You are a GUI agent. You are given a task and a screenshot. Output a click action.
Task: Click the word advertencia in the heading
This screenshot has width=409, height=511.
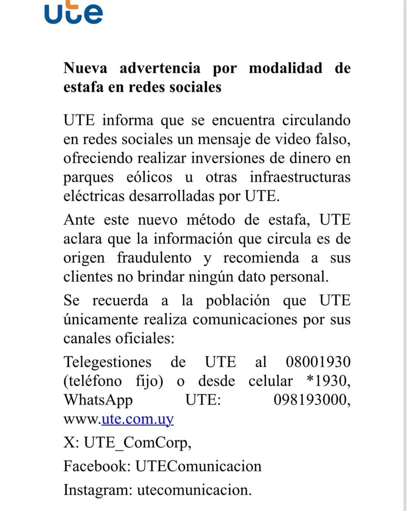(x=160, y=68)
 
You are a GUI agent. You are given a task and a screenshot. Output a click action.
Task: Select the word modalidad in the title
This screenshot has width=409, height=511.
(x=286, y=68)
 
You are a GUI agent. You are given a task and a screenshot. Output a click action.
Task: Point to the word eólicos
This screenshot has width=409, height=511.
(x=149, y=177)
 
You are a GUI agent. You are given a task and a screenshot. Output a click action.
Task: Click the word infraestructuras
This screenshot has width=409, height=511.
(x=300, y=177)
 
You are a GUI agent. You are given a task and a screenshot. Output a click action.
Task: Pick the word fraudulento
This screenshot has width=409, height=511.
(x=154, y=258)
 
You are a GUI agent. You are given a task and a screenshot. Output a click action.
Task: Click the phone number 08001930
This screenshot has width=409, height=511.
(x=318, y=362)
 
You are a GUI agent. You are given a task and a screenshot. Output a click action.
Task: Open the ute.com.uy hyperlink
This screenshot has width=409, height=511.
(x=137, y=419)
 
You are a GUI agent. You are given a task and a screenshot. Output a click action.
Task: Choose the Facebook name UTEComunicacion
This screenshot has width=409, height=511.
(x=198, y=466)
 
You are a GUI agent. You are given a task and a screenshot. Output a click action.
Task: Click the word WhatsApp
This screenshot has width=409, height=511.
(x=98, y=400)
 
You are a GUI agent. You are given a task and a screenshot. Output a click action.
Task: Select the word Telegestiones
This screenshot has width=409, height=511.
(x=107, y=362)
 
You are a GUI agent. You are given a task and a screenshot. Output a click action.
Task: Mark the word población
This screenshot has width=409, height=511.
(x=237, y=301)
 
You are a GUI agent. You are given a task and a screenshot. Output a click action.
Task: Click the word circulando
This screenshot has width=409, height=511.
(x=316, y=120)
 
